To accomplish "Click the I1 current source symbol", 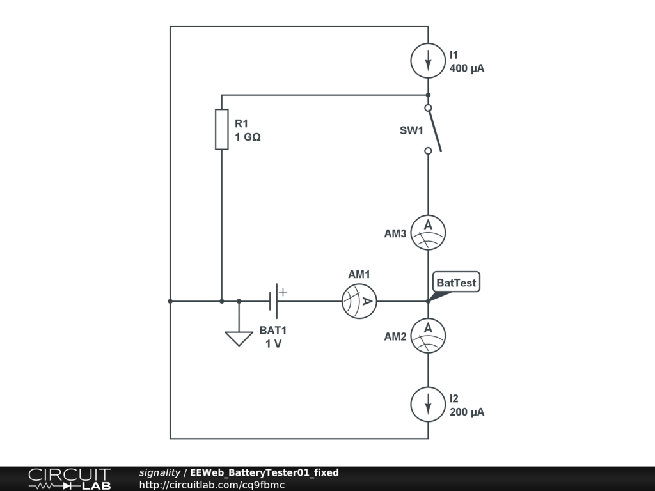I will click(x=428, y=61).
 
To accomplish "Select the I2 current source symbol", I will click(x=428, y=404).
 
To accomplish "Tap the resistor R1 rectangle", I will click(x=221, y=129).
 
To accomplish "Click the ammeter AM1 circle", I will click(x=359, y=301).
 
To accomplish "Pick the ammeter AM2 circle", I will click(x=428, y=336).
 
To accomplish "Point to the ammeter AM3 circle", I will click(x=428, y=232).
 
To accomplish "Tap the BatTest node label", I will click(x=456, y=283).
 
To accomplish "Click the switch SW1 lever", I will click(x=434, y=130).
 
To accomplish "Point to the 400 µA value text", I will click(x=467, y=68).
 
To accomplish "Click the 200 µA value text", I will click(x=467, y=412).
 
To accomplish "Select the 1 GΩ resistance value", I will click(x=248, y=137).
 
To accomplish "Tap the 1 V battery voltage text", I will click(x=273, y=343).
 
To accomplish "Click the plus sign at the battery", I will click(x=283, y=292).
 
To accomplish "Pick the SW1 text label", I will click(x=411, y=130).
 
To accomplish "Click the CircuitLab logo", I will click(x=69, y=479).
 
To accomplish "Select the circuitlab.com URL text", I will click(x=212, y=485).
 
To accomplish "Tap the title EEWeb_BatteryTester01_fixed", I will click(x=264, y=472).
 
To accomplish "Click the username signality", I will click(x=160, y=472).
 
